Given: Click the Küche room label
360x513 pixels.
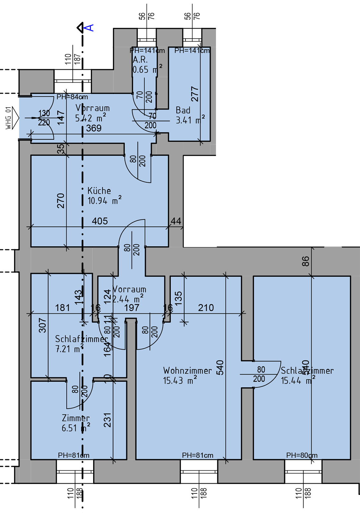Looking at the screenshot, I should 99,191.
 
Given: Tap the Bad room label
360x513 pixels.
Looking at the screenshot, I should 183,111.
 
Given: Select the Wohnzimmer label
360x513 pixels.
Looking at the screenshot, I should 187,371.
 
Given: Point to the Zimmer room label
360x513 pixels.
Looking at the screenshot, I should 76,418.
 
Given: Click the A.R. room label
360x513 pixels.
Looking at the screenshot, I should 140,60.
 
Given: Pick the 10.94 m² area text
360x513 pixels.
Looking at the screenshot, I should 104,201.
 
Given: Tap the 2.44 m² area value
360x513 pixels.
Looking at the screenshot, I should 128,299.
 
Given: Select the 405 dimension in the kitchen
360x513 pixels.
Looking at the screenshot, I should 100,221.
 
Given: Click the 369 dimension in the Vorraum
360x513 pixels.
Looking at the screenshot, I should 94,128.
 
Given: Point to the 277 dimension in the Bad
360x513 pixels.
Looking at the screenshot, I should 195,94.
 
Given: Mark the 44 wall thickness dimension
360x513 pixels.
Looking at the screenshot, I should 176,221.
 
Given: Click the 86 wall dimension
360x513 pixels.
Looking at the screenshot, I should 306,261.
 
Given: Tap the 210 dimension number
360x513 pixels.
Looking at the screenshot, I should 206,308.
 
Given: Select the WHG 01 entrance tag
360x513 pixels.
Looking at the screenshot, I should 9,118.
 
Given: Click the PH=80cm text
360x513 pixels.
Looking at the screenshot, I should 302,455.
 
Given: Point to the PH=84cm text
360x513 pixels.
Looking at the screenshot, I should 72,97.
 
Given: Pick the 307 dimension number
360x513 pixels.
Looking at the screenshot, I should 43,325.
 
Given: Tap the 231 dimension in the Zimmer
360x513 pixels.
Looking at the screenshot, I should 107,420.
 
